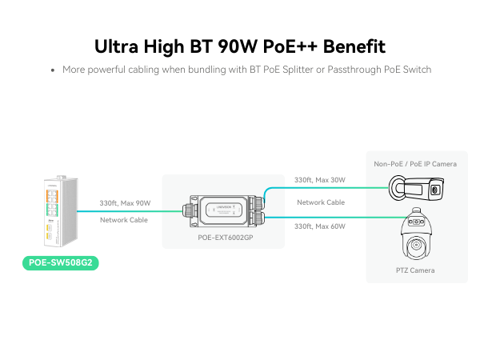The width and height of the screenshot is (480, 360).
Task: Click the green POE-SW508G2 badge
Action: tap(59, 262)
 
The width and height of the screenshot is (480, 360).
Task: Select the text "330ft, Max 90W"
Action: tap(125, 203)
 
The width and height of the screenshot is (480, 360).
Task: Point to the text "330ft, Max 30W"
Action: tap(320, 180)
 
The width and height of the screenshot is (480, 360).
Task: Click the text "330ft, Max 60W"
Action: tap(320, 226)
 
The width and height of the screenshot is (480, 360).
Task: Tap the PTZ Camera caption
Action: tap(416, 270)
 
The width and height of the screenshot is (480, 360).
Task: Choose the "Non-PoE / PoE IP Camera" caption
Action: tap(415, 164)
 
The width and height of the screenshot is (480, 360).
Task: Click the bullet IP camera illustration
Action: tap(416, 189)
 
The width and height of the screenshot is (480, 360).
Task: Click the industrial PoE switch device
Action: tap(60, 210)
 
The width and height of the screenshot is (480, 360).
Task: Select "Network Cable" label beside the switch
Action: tap(124, 219)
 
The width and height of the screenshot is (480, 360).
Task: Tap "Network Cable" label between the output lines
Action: tap(321, 202)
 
